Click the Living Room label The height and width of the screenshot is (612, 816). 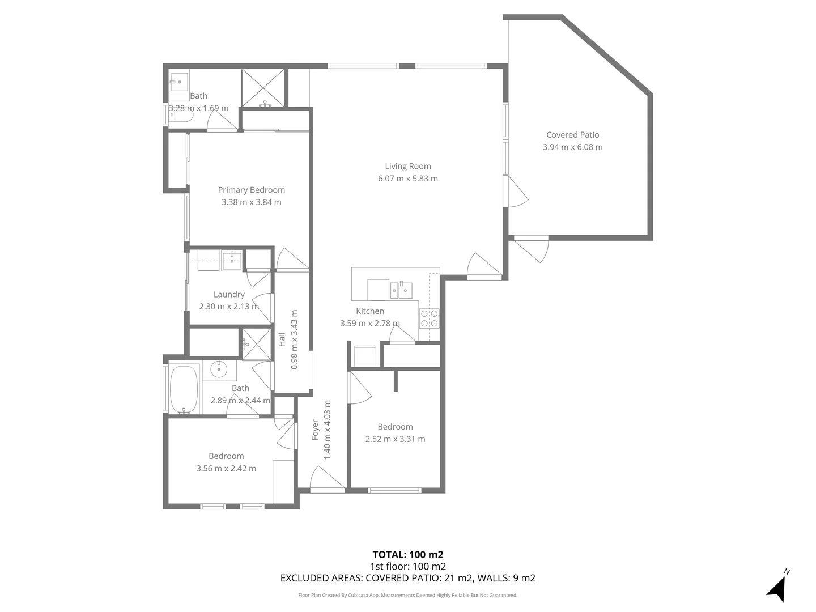pos(408,166)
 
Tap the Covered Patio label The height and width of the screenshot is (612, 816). pos(572,135)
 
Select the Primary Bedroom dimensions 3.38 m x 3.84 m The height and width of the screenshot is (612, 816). pos(251,202)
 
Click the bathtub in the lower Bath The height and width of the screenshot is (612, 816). pos(184,390)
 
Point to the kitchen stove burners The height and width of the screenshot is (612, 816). pos(429,318)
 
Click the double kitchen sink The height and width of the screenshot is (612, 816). pos(401,290)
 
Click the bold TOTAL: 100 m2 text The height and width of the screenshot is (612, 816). pos(407,555)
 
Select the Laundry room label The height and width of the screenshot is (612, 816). pos(229,294)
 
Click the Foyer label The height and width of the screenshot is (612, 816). pos(316,430)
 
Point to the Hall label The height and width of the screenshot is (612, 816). pos(282,339)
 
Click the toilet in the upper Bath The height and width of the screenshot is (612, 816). pos(182,116)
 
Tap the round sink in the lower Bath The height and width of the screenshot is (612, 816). pos(219,370)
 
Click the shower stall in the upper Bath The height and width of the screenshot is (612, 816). pos(263,88)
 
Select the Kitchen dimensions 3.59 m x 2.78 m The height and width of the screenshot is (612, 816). pos(369,324)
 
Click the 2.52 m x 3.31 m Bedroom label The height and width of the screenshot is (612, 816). pos(395,433)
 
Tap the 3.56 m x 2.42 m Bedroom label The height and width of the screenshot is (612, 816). pos(226,462)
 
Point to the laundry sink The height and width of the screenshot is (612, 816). pos(232,261)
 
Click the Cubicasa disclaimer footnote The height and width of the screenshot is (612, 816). pos(407,595)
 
